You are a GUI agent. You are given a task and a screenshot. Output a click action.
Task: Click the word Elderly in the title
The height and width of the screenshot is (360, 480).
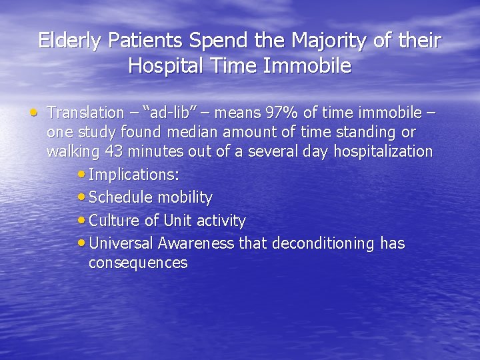[x=69, y=41]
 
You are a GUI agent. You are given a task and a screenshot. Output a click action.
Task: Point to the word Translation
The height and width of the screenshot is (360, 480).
[x=86, y=113]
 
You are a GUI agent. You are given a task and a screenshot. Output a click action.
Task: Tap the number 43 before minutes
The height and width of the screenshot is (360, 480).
[x=114, y=151]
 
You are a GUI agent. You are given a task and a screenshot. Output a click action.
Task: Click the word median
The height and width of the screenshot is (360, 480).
[x=196, y=133]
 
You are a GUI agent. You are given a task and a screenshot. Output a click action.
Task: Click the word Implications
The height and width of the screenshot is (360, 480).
[x=133, y=175]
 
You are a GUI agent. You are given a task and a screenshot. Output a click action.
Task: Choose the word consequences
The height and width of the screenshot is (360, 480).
[x=138, y=263]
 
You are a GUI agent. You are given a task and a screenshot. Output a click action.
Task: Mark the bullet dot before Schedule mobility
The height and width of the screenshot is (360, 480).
[x=82, y=197]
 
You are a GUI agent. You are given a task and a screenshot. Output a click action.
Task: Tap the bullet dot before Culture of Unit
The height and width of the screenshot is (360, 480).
[x=82, y=220]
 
